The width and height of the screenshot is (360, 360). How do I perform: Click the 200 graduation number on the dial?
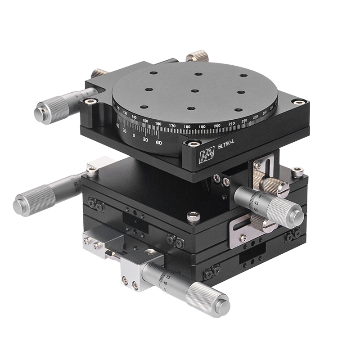tap(217, 125)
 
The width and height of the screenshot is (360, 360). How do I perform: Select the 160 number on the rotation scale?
tap(158, 123)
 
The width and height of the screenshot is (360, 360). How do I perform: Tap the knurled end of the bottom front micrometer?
tap(208, 300)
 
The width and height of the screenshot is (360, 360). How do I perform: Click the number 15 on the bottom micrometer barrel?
tap(167, 278)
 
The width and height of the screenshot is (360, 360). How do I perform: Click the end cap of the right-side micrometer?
tap(295, 216)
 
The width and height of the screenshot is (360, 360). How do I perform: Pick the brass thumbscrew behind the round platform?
tap(197, 57)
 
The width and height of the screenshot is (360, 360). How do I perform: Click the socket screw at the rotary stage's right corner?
tap(297, 102)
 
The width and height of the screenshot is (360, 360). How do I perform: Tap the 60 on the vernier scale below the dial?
tap(158, 142)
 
